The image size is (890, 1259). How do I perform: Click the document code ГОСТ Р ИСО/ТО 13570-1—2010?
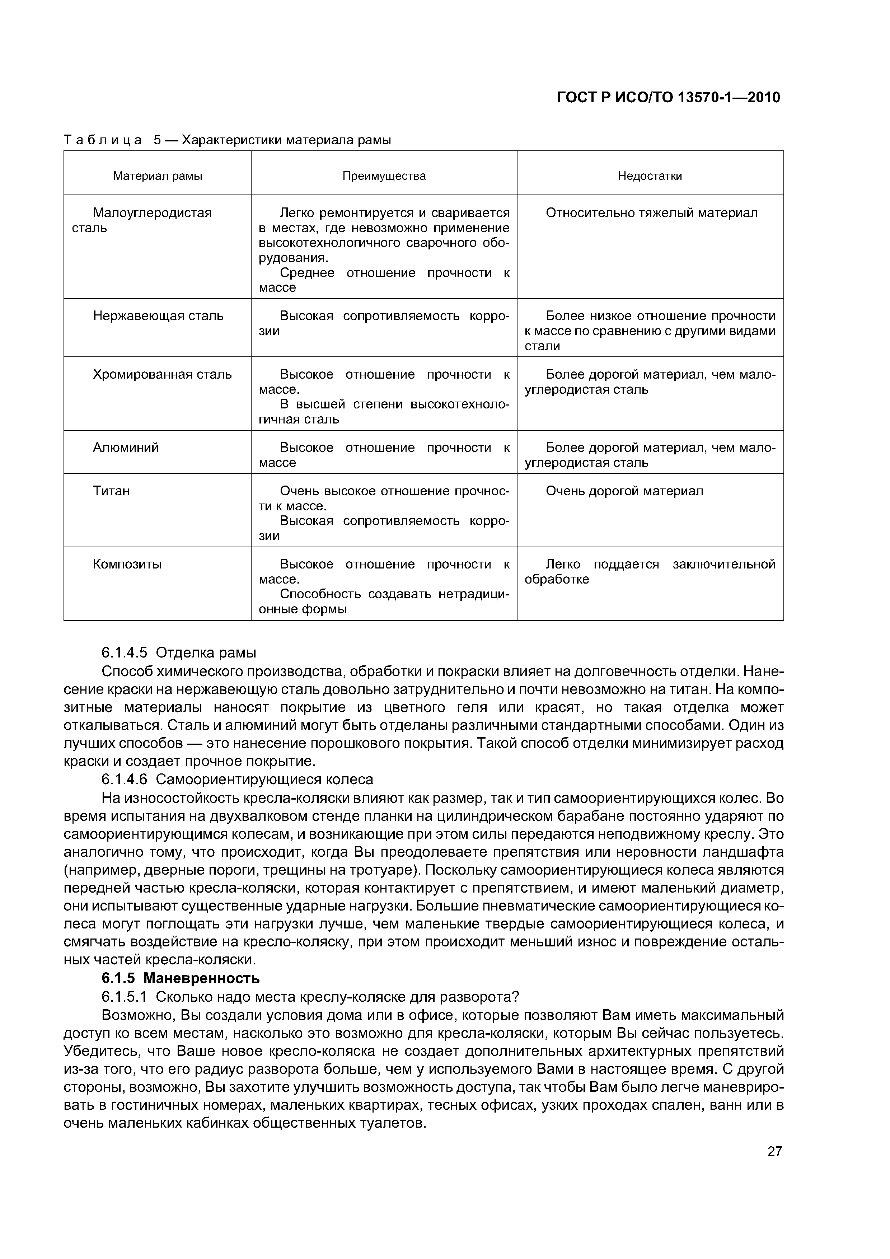click(668, 98)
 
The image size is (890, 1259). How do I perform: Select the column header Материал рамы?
click(158, 176)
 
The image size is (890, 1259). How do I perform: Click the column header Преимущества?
click(384, 176)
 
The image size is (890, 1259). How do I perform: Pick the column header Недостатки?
click(650, 176)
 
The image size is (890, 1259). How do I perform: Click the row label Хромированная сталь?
click(162, 375)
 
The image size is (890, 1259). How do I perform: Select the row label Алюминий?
click(126, 448)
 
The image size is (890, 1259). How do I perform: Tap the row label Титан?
click(111, 491)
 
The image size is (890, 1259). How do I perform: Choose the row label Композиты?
click(127, 564)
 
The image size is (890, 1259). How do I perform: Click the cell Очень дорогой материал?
click(624, 491)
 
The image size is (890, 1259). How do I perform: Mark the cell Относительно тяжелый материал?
click(651, 213)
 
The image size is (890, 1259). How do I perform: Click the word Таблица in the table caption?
click(103, 140)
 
